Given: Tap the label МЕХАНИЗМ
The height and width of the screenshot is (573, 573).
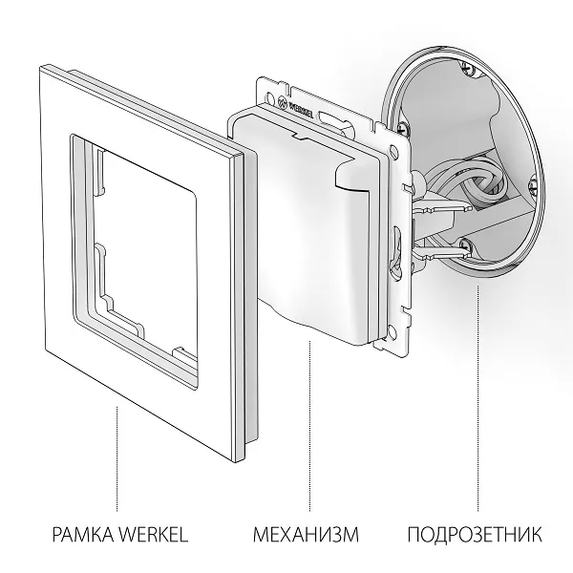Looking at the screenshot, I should tap(308, 533).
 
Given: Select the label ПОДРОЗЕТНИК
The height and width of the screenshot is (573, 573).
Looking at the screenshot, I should tap(475, 533).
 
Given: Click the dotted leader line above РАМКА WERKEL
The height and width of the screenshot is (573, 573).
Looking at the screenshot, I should tap(117, 458).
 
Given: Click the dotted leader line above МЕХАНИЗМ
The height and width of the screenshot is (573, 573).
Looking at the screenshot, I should tap(309, 430).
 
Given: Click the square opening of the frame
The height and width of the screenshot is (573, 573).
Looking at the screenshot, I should tap(143, 248).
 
